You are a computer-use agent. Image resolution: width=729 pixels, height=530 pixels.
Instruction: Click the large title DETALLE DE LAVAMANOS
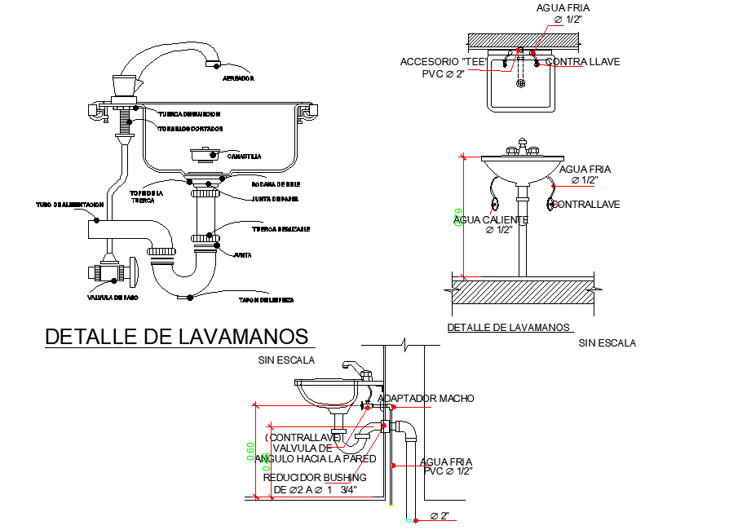coord(177,337)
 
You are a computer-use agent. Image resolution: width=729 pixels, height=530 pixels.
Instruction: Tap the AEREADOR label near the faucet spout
coord(239,79)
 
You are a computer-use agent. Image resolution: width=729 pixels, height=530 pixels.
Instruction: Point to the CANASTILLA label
coord(244,156)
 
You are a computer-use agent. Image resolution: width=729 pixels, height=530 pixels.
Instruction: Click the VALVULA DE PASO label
coord(113,298)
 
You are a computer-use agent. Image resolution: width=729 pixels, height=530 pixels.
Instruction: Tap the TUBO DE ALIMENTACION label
coord(68,204)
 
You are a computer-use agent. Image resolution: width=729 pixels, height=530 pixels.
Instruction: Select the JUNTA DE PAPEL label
coord(268,198)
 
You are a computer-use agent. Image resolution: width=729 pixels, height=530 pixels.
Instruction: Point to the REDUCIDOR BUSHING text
coord(316,477)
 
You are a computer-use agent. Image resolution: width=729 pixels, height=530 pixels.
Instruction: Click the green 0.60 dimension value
coord(251,451)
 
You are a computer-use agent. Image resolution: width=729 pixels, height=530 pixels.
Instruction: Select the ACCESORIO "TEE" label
coord(443,62)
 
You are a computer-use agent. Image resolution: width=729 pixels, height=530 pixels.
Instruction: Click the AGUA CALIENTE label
coord(491,220)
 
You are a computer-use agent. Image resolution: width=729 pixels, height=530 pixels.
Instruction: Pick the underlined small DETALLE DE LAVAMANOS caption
coord(509,327)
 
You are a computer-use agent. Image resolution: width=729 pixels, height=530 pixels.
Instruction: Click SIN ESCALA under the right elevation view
coord(607,343)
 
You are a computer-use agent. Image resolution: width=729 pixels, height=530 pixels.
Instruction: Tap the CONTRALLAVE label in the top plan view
coord(582,62)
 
